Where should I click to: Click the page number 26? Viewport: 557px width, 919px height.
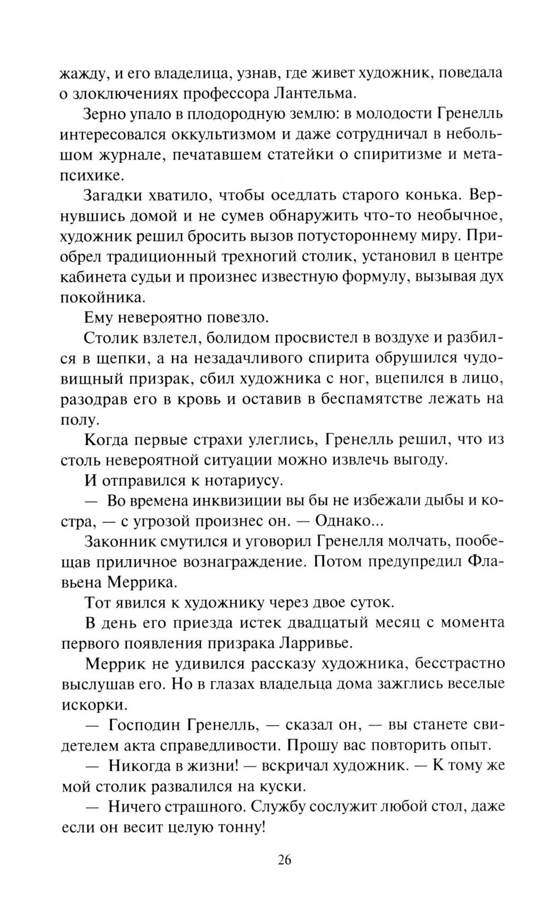coord(283,860)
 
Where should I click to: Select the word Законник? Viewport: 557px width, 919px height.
coord(123,541)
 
